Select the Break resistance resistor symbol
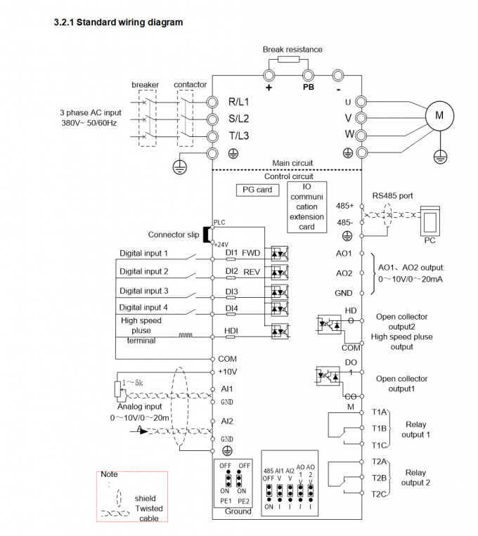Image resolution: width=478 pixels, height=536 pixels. tap(288, 61)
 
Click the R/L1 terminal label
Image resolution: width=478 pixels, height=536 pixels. tap(239, 102)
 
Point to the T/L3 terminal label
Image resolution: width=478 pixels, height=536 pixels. tap(239, 136)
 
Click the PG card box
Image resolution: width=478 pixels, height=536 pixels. tap(257, 190)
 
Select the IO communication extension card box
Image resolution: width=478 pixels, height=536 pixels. tap(306, 207)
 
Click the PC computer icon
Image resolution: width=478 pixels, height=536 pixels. tap(429, 221)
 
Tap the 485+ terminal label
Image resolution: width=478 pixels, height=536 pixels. tap(345, 207)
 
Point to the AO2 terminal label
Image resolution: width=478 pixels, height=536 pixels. tap(344, 273)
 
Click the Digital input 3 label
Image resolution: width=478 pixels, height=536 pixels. tap(143, 291)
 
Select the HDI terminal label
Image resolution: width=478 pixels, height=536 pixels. tap(232, 330)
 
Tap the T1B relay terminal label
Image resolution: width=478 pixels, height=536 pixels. tap(380, 428)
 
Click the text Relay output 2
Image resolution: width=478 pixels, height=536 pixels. tap(415, 478)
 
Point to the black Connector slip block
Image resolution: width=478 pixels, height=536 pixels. tap(207, 235)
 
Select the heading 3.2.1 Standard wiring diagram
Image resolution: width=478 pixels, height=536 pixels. tap(118, 22)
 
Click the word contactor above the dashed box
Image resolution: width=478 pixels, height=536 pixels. tap(190, 85)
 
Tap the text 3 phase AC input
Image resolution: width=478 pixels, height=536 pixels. tap(91, 112)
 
